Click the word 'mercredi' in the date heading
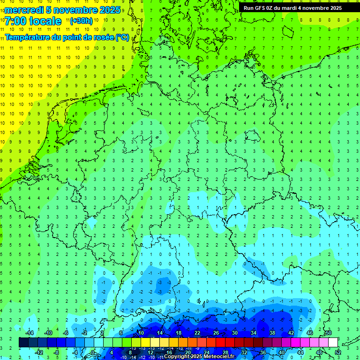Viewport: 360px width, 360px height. point(24,10)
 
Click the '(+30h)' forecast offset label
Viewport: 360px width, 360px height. point(81,21)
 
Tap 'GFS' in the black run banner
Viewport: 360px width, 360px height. point(260,7)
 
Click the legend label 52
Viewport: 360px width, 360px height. point(337,352)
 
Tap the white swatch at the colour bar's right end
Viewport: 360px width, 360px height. point(333,343)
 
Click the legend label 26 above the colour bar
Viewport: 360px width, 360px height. point(216,333)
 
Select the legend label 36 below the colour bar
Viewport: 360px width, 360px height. point(262,352)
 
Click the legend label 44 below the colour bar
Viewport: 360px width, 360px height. point(300,352)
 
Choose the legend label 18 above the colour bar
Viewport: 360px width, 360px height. point(178,333)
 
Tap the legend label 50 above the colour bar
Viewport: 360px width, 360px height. point(328,333)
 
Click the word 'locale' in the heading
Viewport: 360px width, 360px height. point(45,21)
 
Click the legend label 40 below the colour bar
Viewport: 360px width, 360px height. point(281,352)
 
